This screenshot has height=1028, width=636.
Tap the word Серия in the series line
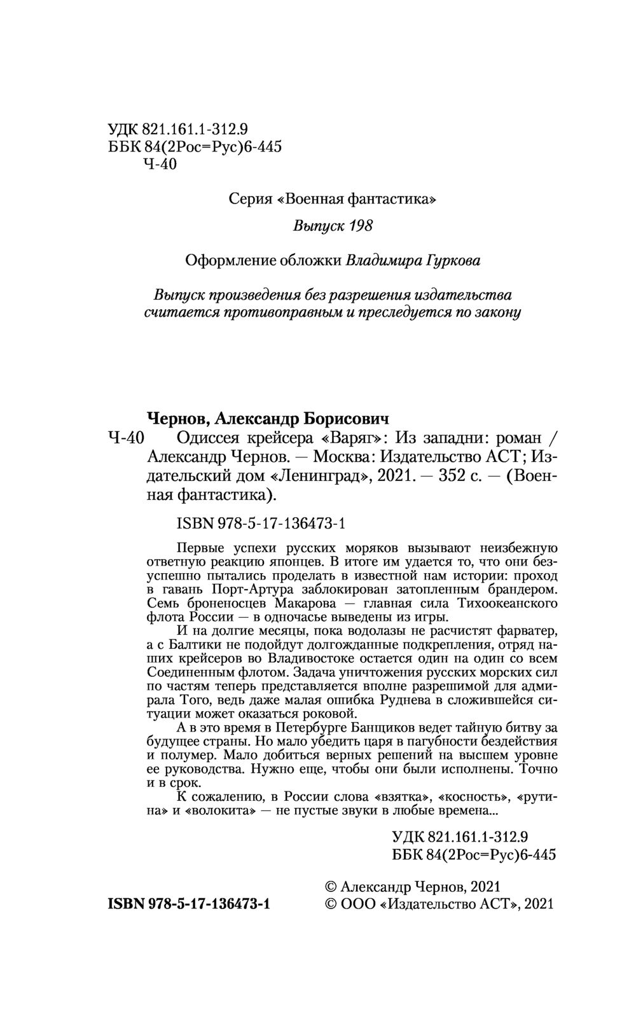(251, 199)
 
